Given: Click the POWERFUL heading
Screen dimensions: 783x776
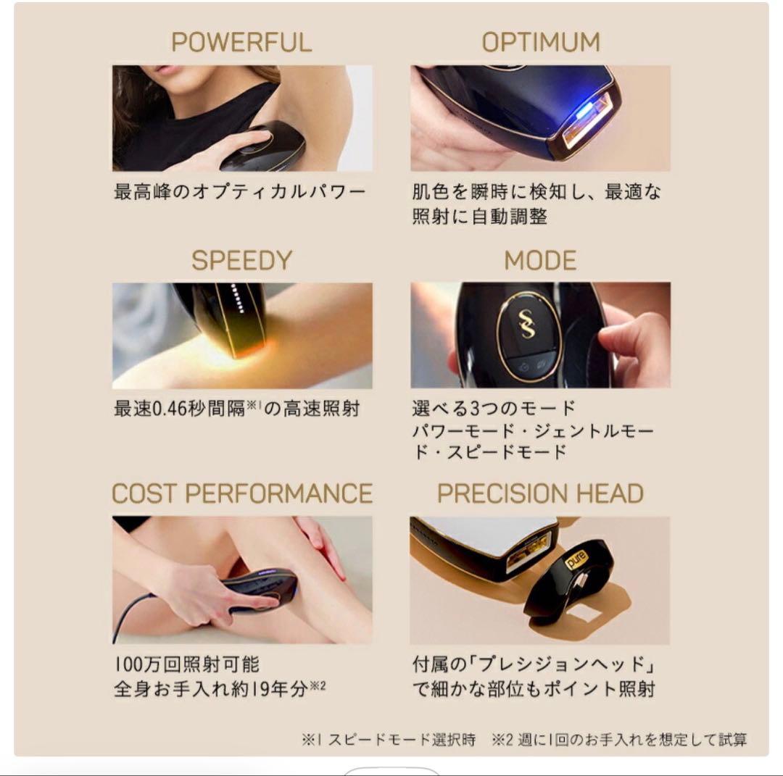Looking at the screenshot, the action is [241, 42].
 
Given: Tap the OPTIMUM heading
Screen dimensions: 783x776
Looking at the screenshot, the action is [541, 42].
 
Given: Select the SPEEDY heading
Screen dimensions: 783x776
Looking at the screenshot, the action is [241, 261].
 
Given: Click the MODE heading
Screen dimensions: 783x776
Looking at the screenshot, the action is [541, 261].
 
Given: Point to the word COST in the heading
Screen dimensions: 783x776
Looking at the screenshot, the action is [144, 494].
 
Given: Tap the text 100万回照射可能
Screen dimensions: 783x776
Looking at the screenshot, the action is [186, 664].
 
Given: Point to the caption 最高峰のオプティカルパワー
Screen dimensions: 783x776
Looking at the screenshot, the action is [240, 193].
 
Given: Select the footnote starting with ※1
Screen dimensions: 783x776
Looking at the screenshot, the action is [389, 740].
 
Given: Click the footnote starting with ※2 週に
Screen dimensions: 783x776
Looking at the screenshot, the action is [619, 740].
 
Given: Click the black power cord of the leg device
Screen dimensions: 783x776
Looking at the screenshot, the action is [130, 612].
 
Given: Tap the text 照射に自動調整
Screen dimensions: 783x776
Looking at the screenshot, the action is [479, 216].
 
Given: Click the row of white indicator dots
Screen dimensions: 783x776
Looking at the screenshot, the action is [233, 296].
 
